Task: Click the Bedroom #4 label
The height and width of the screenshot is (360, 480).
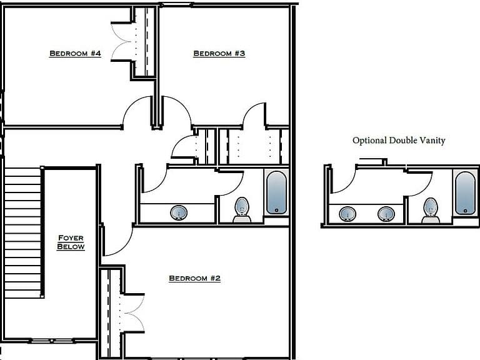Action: point(75,54)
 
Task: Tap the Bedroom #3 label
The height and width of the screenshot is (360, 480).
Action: point(219,54)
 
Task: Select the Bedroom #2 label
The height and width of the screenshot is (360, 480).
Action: point(195,278)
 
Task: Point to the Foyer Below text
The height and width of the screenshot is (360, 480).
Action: point(71,242)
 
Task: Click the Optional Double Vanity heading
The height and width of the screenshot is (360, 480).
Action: point(399,141)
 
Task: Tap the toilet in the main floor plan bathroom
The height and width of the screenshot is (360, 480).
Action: point(242,210)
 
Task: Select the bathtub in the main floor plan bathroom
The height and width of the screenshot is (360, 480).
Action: point(276,192)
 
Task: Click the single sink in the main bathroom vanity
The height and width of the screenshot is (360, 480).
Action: point(179,212)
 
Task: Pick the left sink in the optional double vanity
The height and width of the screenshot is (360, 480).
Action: point(347,214)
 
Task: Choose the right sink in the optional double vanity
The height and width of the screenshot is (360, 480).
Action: point(386,214)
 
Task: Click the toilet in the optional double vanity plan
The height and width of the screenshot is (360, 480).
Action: point(431,211)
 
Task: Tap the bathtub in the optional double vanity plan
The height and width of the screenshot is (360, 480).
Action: point(465,193)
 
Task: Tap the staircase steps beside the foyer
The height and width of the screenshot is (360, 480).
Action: point(23,232)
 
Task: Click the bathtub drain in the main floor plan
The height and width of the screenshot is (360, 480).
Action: point(276,210)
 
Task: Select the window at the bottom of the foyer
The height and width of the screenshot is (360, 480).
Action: point(52,341)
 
